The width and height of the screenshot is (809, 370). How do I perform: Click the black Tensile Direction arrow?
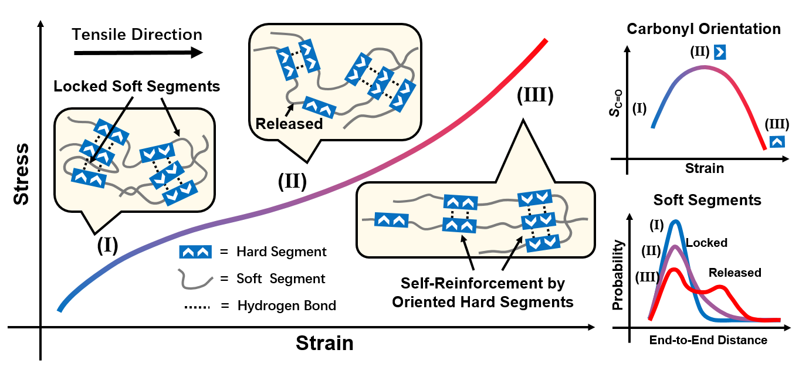click(x=138, y=53)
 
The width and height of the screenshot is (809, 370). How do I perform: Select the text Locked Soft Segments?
click(x=137, y=87)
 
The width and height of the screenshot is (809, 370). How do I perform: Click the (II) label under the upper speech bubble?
click(x=292, y=181)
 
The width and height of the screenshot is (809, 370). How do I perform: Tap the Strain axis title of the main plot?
click(x=324, y=342)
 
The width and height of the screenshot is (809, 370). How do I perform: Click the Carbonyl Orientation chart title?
click(x=703, y=29)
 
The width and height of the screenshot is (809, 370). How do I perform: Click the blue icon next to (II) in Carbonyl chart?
click(x=720, y=53)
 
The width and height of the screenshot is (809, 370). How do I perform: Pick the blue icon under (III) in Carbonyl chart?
click(x=777, y=141)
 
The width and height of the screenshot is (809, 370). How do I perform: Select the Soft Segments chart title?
click(x=707, y=200)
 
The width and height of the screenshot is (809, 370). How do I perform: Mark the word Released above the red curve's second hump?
click(x=734, y=273)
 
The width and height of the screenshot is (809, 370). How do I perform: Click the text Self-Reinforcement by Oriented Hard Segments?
click(x=482, y=293)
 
